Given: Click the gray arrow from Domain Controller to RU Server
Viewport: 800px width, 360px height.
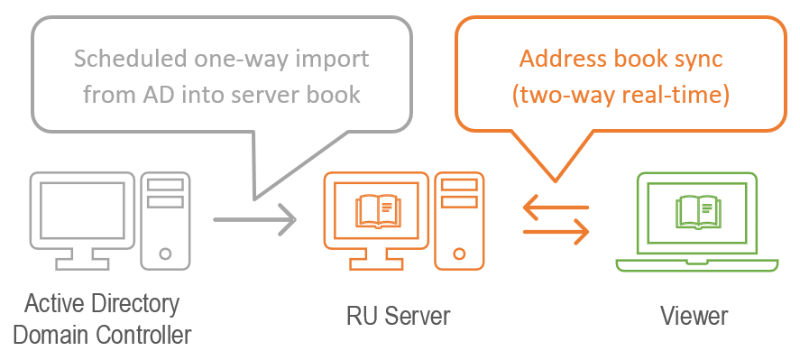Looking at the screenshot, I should click(x=254, y=218).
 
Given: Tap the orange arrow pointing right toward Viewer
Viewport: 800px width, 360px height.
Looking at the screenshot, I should click(x=556, y=232).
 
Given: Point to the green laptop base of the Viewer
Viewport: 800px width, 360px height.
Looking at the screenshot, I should click(x=695, y=264).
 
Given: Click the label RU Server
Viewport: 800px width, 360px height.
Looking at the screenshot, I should click(x=398, y=316).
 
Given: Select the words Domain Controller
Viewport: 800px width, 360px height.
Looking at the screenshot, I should click(x=102, y=335).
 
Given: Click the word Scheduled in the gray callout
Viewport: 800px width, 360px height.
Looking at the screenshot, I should click(x=126, y=60).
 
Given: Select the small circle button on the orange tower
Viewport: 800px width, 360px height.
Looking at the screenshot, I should click(x=460, y=253).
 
